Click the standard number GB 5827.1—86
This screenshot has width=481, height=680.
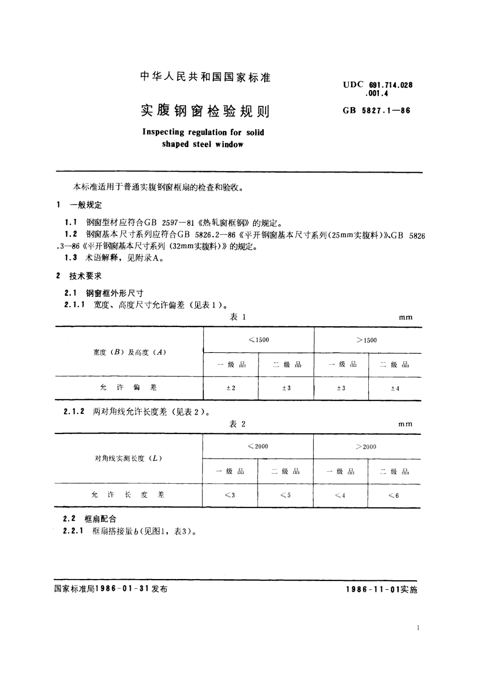point(376,110)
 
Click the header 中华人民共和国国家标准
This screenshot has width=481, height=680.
point(205,77)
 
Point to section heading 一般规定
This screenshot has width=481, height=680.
point(86,205)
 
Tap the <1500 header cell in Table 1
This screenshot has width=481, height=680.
point(259,340)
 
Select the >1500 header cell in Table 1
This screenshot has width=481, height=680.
point(367,340)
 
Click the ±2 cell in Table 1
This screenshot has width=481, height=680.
point(231,388)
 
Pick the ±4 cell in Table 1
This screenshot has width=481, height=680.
point(395,388)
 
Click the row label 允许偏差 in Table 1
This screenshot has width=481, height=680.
point(128,388)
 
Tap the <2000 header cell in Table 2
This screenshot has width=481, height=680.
point(258,447)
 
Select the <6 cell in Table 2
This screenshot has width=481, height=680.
point(393,495)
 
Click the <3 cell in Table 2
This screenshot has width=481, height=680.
point(230,495)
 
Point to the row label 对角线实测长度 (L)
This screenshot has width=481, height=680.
point(128,459)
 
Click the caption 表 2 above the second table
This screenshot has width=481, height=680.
point(237,424)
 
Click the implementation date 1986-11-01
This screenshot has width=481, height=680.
point(372,590)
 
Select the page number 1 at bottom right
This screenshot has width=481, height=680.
point(418,628)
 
